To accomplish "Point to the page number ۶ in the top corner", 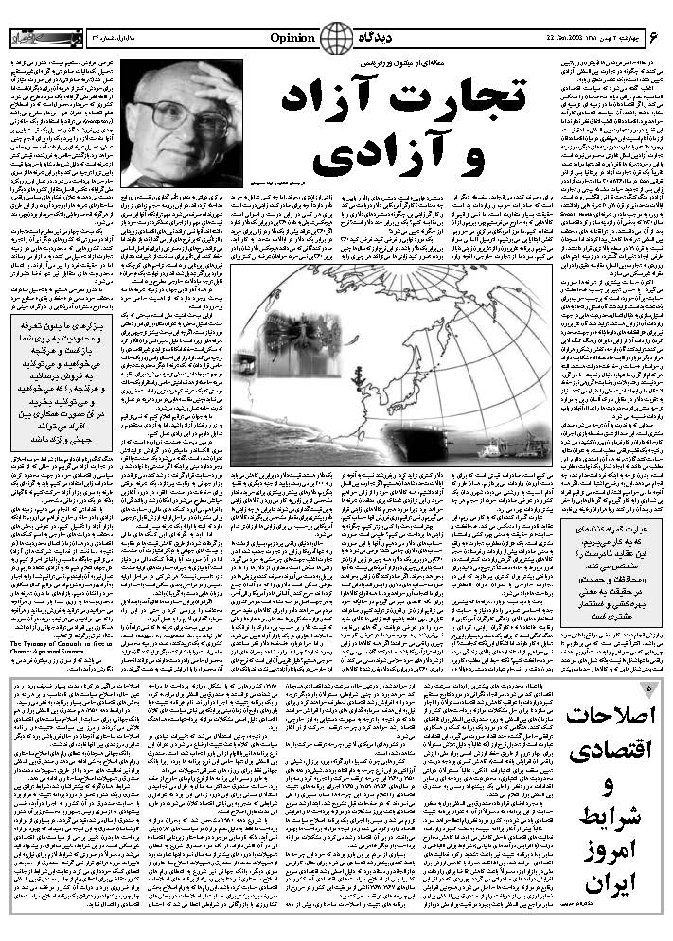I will [x=653, y=37].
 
